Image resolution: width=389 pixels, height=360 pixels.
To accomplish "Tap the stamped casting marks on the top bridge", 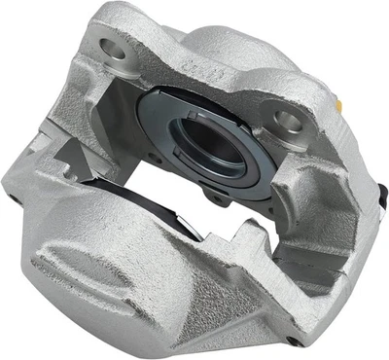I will (x=201, y=69).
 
